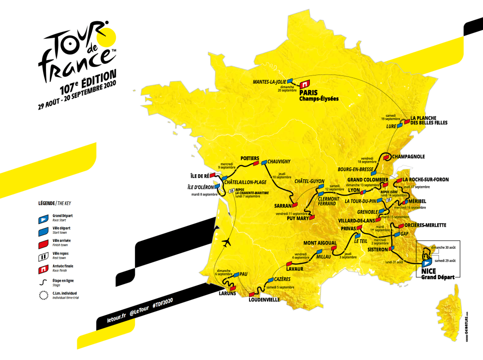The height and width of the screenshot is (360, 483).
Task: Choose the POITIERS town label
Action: click(249, 158)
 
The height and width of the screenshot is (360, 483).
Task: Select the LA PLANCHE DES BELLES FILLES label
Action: click(429, 120)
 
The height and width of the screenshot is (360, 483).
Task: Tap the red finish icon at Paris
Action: click(306, 82)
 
